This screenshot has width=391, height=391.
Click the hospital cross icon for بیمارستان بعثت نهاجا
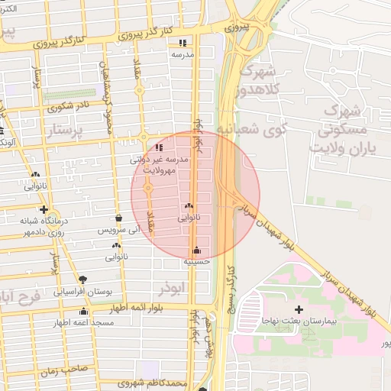[x=298, y=310]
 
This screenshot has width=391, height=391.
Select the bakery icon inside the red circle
[x=188, y=206]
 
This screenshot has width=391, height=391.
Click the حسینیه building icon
[x=197, y=250]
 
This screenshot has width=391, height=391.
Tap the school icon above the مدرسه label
[x=182, y=44]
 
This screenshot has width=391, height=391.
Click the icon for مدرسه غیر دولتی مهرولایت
[x=159, y=147]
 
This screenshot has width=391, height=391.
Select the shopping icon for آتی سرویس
[x=118, y=218]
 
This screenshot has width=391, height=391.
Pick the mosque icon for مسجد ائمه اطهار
[x=84, y=311]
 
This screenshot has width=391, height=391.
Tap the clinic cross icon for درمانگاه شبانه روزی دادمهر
[x=44, y=209]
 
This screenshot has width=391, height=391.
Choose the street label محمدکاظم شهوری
[x=159, y=383]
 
